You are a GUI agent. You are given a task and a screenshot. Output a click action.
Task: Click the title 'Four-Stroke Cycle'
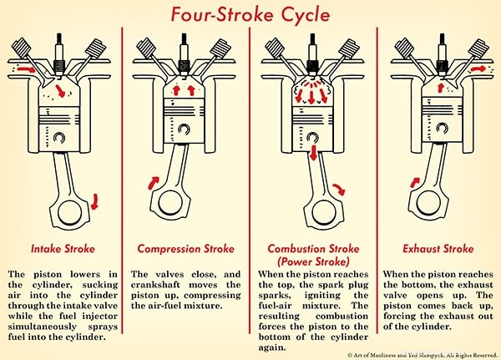(x=251, y=15)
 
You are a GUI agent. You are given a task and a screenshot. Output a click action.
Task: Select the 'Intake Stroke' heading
(x=63, y=249)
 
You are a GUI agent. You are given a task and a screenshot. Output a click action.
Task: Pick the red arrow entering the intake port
(x=26, y=63)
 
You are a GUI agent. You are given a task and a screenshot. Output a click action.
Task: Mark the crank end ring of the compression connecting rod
(x=173, y=200)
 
